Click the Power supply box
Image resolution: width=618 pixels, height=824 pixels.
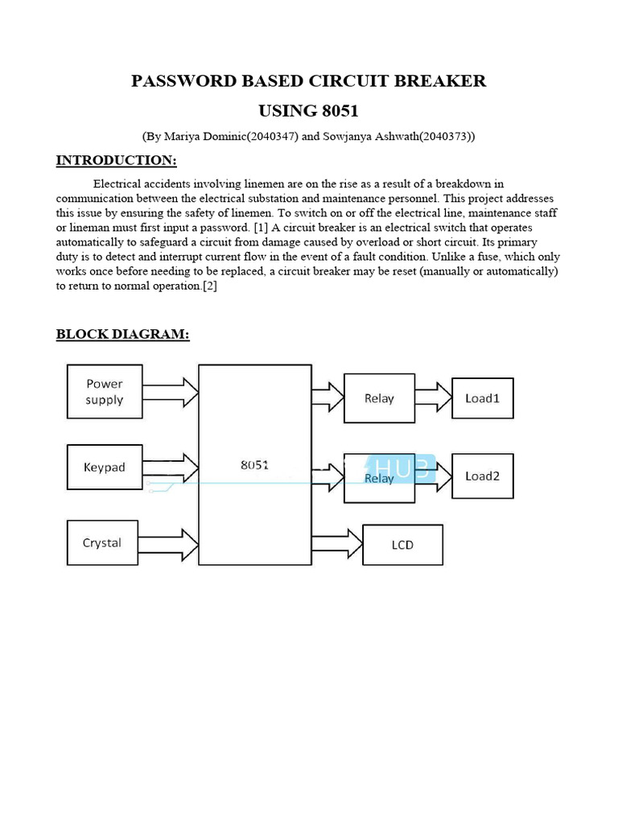105,392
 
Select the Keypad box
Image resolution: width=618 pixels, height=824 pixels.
105,468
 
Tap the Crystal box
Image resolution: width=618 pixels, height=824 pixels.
102,543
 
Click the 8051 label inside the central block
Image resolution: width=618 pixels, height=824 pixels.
254,465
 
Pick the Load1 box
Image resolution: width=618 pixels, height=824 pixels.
482,398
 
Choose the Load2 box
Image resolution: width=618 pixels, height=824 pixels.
482,476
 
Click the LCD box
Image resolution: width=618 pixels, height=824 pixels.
402,545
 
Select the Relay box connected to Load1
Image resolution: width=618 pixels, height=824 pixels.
379,398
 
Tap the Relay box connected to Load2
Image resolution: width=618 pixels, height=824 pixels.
379,478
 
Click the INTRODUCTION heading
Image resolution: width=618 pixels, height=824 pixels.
116,160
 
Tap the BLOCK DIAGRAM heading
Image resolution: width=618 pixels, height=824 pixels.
122,334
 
